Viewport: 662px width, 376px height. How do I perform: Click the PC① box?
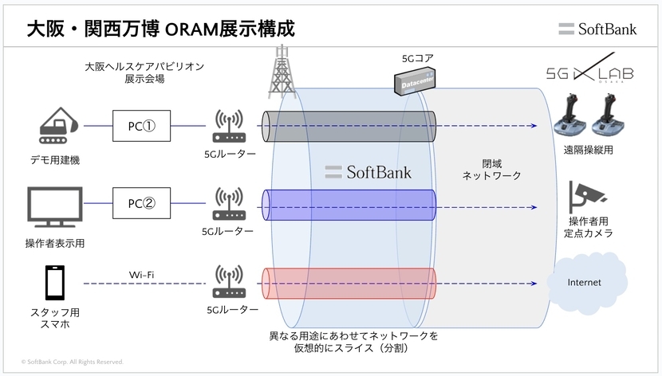pyautogui.click(x=141, y=126)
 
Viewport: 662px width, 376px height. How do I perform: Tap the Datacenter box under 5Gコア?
pyautogui.click(x=418, y=80)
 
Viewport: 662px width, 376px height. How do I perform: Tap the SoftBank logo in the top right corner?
pyautogui.click(x=597, y=29)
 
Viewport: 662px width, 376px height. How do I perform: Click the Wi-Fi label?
pyautogui.click(x=141, y=275)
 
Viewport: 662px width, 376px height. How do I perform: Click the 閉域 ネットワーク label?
pyautogui.click(x=491, y=168)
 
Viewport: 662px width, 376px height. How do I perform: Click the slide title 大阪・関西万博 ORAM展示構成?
pyautogui.click(x=160, y=29)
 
